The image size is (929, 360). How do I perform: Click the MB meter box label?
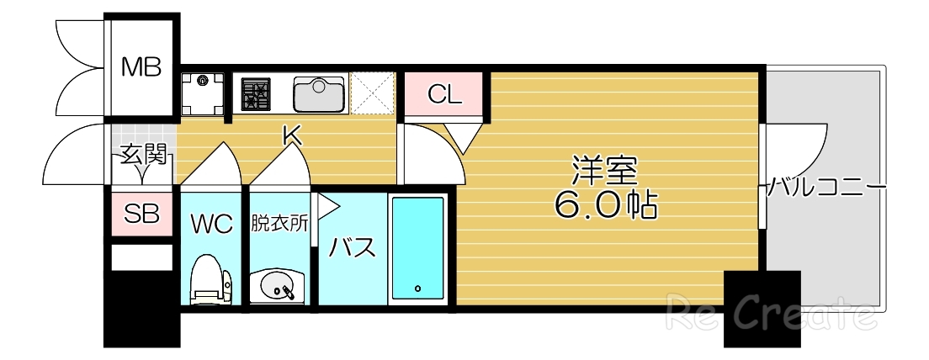(x=141, y=66)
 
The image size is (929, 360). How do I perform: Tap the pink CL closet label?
(x=444, y=94)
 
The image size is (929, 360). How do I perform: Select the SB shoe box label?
(x=141, y=213)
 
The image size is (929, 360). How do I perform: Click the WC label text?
(x=210, y=225)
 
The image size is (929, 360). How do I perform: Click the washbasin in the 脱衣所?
(x=279, y=287)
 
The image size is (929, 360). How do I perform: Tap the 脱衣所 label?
(x=279, y=224)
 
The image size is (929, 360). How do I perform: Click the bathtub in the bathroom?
(x=418, y=248)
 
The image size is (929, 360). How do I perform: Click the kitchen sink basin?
(x=319, y=93)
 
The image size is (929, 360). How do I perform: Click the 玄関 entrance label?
(x=141, y=155)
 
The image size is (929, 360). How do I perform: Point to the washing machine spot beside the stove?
(x=202, y=93)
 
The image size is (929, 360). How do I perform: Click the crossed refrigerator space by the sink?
(x=372, y=93)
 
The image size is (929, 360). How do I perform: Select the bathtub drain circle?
(x=418, y=288)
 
